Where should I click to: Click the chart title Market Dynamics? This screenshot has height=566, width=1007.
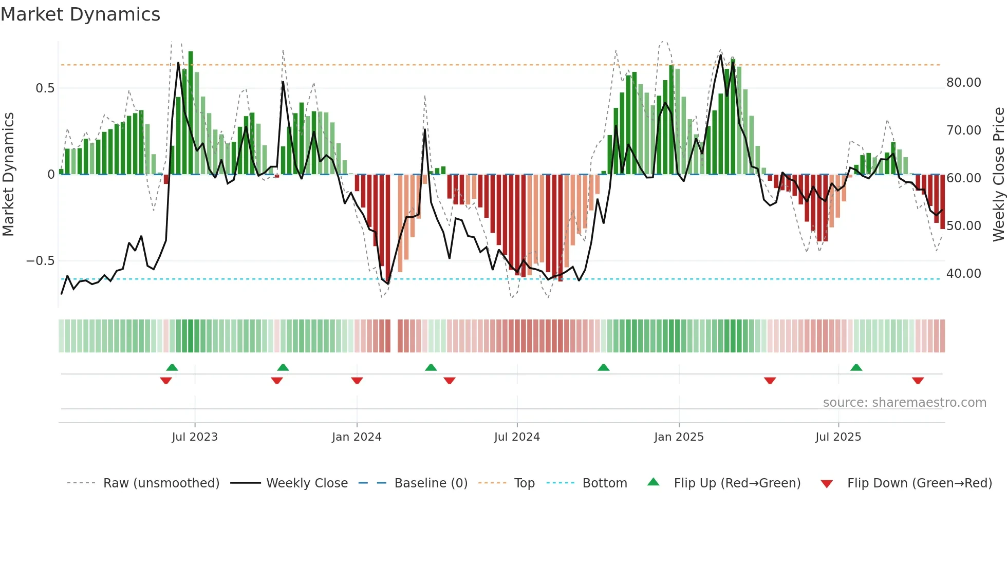[81, 14]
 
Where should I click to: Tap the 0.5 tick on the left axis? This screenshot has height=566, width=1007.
[45, 88]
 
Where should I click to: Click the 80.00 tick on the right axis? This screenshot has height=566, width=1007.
[963, 83]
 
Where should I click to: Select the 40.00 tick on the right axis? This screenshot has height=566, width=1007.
[963, 274]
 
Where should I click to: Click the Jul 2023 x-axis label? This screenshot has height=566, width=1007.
[195, 437]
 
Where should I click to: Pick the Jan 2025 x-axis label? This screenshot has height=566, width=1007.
[679, 437]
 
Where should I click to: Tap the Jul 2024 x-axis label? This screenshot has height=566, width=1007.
[517, 437]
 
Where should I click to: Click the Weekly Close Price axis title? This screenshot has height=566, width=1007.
[998, 175]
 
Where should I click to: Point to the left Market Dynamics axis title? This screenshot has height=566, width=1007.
[9, 175]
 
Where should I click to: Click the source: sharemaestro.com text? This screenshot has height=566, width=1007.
[904, 403]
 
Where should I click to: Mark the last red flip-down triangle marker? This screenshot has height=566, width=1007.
[918, 381]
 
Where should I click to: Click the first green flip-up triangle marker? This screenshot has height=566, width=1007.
[172, 367]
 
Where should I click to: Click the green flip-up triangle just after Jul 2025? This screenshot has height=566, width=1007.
[856, 367]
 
